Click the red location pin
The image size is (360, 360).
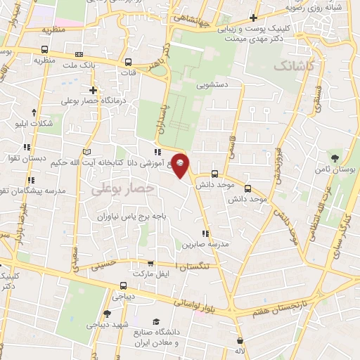pyautogui.click(x=181, y=165)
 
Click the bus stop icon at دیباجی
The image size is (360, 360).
pyautogui.click(x=123, y=285)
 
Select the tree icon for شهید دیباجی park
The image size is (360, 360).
pyautogui.click(x=107, y=314)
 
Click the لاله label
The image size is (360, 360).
pyautogui.click(x=240, y=349)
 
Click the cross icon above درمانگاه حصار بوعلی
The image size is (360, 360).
pyautogui.click(x=94, y=90)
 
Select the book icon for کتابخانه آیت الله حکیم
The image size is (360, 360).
pyautogui.click(x=87, y=152)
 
